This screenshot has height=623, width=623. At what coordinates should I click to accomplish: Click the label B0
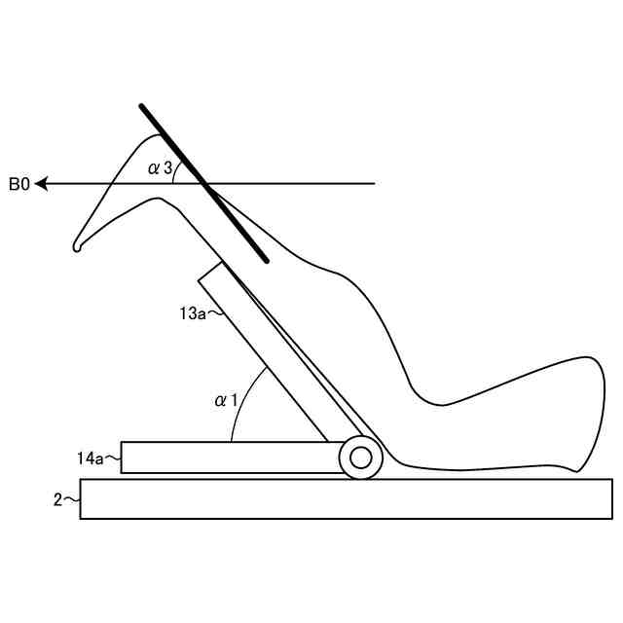coord(19,183)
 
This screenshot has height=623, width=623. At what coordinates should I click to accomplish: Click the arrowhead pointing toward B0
coord(42,183)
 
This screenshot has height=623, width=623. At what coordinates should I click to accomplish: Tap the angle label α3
coord(160,168)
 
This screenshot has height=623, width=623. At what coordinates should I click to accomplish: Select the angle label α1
coord(226,399)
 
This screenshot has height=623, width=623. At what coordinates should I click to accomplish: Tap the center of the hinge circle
coord(360,458)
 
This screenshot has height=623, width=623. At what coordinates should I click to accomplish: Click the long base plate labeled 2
coord(341,499)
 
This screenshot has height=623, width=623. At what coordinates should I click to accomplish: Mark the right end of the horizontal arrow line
coord(375,183)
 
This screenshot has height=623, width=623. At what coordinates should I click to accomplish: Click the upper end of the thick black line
coord(142,105)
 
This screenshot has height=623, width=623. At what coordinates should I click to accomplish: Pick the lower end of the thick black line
coord(267,261)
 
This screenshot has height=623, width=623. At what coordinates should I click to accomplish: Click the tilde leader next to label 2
coord(72,499)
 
